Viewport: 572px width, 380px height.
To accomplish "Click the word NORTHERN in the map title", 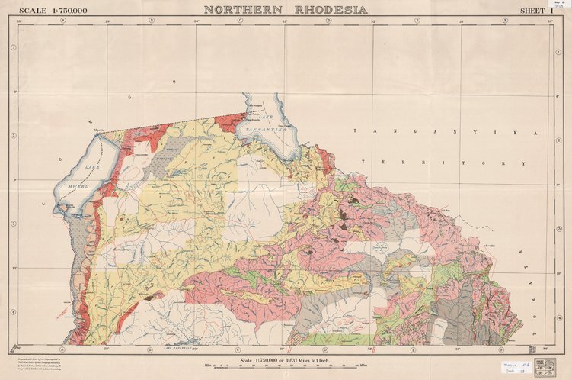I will pos(243,9).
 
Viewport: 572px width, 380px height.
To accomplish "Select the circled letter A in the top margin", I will pos(63,20).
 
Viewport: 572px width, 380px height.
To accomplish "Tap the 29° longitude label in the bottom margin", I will pos(107,349).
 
